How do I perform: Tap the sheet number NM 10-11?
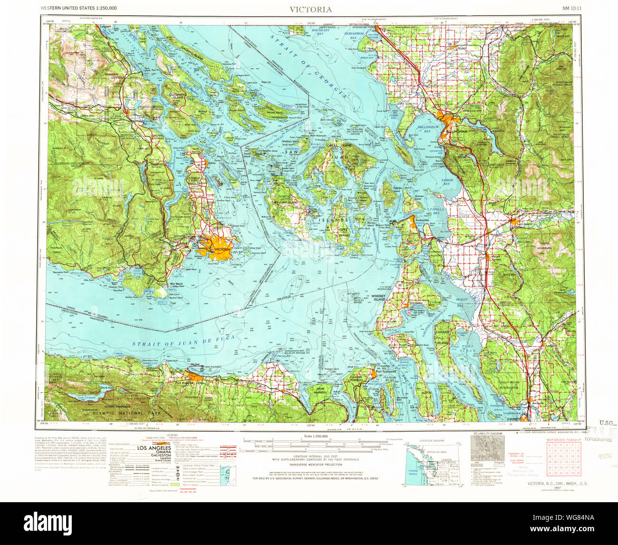tap(562, 9)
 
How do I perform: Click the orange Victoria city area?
tap(219, 249)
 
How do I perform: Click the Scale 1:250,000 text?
tap(310, 436)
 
